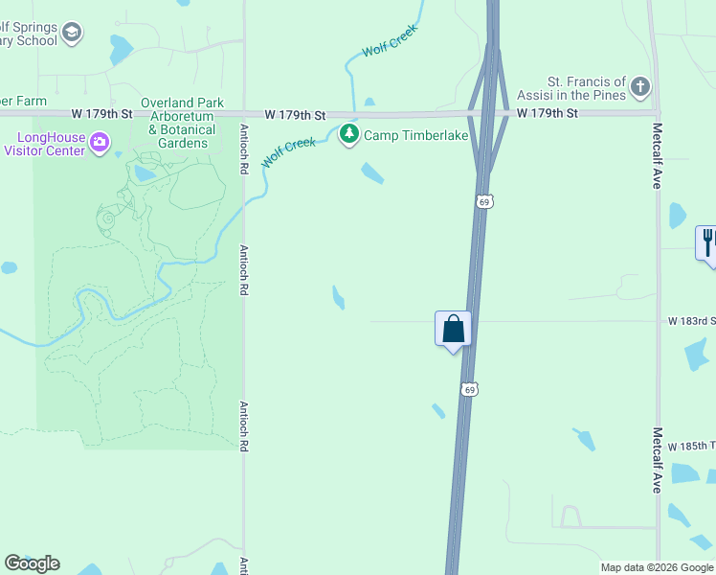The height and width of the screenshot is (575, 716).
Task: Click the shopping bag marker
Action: click(453, 329)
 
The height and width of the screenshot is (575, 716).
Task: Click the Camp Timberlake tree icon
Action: click(349, 134)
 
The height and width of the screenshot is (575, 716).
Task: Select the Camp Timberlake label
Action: click(415, 135)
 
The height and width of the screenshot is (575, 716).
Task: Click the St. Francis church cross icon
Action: click(640, 89)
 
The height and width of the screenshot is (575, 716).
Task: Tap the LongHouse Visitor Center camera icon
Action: click(100, 143)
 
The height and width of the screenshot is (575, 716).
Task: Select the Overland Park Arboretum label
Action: click(182, 124)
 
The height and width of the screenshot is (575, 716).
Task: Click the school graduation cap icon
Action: click(71, 34)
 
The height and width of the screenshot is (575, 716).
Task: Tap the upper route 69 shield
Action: click(484, 201)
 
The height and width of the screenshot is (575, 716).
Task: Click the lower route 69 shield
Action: click(467, 388)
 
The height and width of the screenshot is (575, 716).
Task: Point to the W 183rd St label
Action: click(690, 321)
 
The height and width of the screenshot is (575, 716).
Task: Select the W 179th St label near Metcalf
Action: click(548, 113)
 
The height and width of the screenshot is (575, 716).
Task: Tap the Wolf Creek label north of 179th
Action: click(391, 40)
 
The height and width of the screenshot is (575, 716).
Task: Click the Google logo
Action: click(32, 563)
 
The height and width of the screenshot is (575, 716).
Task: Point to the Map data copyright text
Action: click(657, 567)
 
